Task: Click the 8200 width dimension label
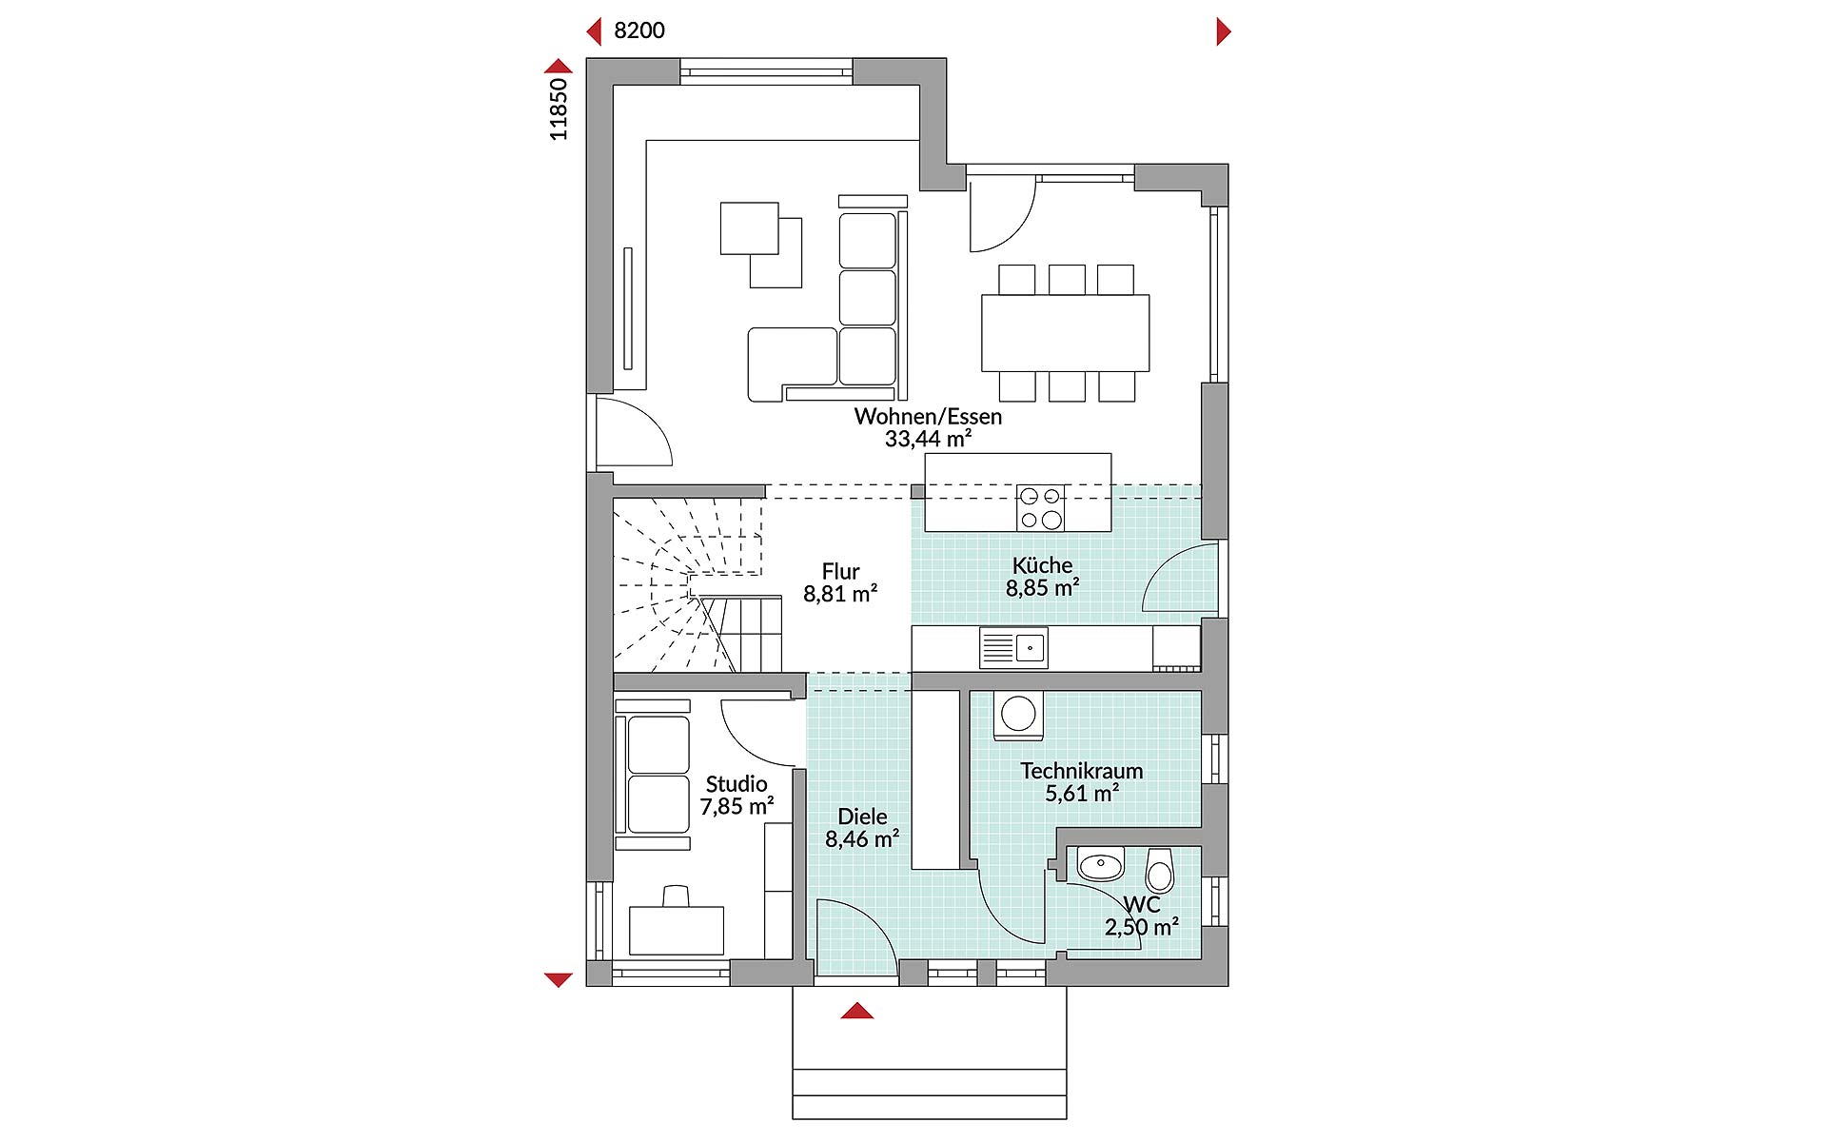pos(638,30)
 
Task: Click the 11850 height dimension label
pos(559,108)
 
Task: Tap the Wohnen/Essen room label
pos(927,416)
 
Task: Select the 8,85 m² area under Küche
pos(1042,588)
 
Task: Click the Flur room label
pos(840,571)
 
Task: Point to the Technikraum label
pos(1081,771)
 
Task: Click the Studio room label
pos(736,783)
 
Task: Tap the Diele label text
pos(862,817)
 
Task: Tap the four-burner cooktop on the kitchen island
pos(1040,507)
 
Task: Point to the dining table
pos(1065,333)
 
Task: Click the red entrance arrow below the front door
pos(856,1011)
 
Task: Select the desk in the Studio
pos(677,929)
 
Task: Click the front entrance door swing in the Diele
pos(852,937)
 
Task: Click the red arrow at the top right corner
pos(1224,31)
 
